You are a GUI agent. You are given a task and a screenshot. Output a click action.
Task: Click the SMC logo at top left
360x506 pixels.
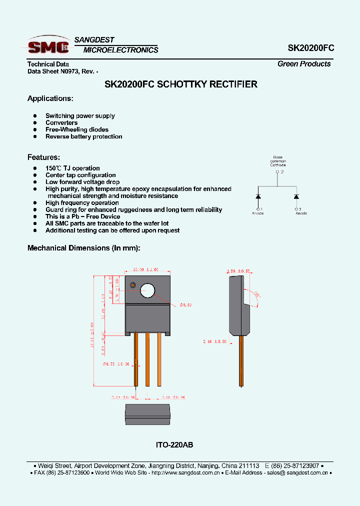click(48, 46)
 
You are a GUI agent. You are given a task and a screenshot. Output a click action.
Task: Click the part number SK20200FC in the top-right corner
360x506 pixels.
click(310, 48)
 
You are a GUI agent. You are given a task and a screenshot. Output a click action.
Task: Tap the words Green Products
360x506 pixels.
click(304, 64)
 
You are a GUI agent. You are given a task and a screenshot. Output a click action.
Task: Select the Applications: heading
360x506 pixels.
click(50, 98)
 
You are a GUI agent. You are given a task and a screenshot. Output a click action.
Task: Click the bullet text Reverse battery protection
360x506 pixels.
click(83, 136)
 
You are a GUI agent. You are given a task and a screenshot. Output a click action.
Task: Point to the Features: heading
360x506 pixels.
click(43, 157)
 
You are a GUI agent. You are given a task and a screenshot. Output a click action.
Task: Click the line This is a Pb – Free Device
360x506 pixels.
click(82, 216)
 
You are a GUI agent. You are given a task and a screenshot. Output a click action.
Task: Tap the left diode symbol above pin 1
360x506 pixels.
click(258, 195)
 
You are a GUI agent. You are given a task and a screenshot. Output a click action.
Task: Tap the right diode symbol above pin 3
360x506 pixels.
click(296, 195)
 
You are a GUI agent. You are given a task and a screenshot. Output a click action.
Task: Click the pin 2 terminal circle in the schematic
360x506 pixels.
click(277, 172)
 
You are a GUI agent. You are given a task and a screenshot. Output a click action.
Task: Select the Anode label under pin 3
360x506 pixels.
click(301, 213)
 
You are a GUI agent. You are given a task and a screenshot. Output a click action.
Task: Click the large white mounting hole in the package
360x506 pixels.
click(148, 290)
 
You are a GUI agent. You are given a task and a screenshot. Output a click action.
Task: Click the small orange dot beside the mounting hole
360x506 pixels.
click(132, 285)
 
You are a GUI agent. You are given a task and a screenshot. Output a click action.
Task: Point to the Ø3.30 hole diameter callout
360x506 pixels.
click(186, 304)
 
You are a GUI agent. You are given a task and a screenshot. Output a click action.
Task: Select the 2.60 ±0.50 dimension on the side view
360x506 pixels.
click(214, 341)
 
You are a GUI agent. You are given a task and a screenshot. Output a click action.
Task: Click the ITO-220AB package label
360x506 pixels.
click(174, 444)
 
